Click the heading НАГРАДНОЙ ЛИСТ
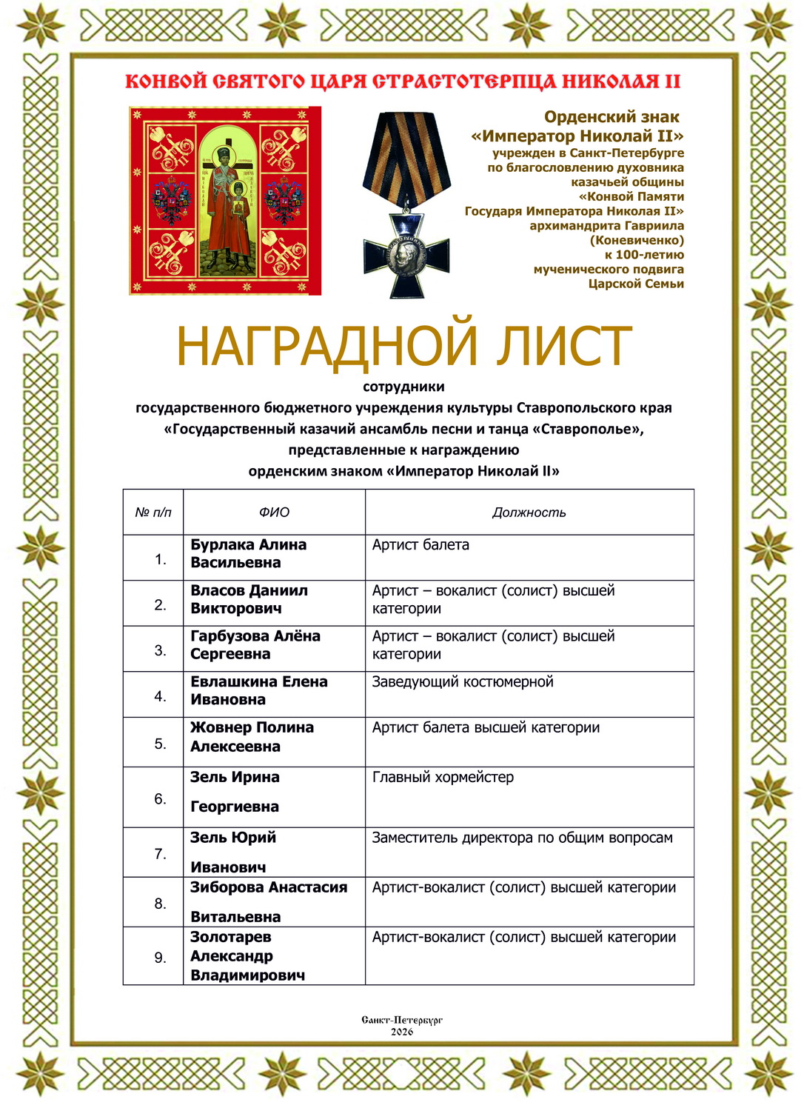pos(403,346)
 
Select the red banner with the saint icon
pos(225,201)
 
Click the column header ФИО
pos(274,513)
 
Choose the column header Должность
pos(529,513)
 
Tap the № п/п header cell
pos(153,513)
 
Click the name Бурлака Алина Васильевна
pos(248,553)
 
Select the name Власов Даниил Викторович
pos(249,599)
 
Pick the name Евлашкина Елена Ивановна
pos(258,690)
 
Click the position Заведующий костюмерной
pos(463,681)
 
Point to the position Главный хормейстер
pos(443,777)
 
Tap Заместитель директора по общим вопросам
pos(522,838)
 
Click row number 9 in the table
pos(160,958)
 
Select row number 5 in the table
pos(160,744)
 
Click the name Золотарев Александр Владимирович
pos(247,956)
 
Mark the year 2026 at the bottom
pos(402,1032)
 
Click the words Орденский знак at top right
pos(612,117)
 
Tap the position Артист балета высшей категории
pos(486,727)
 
